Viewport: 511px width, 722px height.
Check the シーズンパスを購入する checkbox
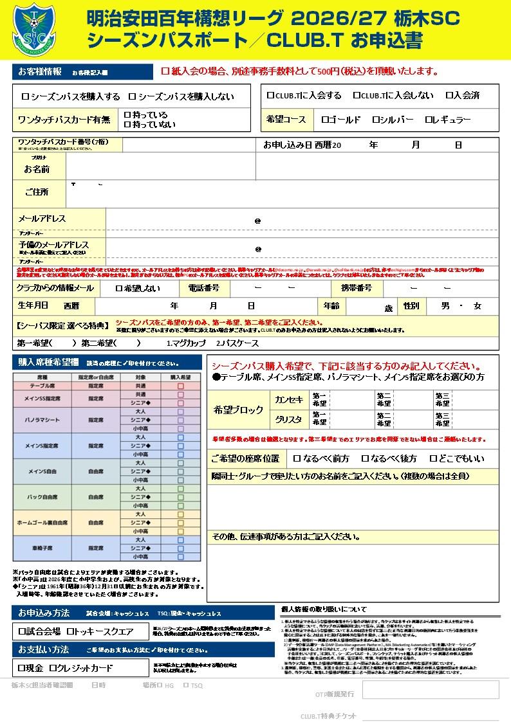(26, 96)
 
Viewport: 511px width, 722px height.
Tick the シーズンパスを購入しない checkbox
(133, 96)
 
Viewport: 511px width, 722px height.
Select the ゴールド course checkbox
(324, 120)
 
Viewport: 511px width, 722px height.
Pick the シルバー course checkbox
(376, 120)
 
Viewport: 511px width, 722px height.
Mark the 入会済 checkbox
(449, 96)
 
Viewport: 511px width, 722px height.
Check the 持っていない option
(127, 124)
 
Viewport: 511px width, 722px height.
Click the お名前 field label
(37, 169)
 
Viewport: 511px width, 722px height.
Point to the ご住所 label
(37, 192)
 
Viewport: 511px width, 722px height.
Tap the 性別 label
(411, 306)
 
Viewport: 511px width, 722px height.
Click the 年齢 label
(331, 306)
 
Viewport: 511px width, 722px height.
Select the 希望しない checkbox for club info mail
(119, 288)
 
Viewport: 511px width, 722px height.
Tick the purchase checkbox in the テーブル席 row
(181, 386)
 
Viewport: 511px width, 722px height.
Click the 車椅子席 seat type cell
(42, 548)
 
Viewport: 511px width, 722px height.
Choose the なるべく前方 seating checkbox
(297, 459)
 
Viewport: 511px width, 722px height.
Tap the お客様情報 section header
(41, 71)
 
